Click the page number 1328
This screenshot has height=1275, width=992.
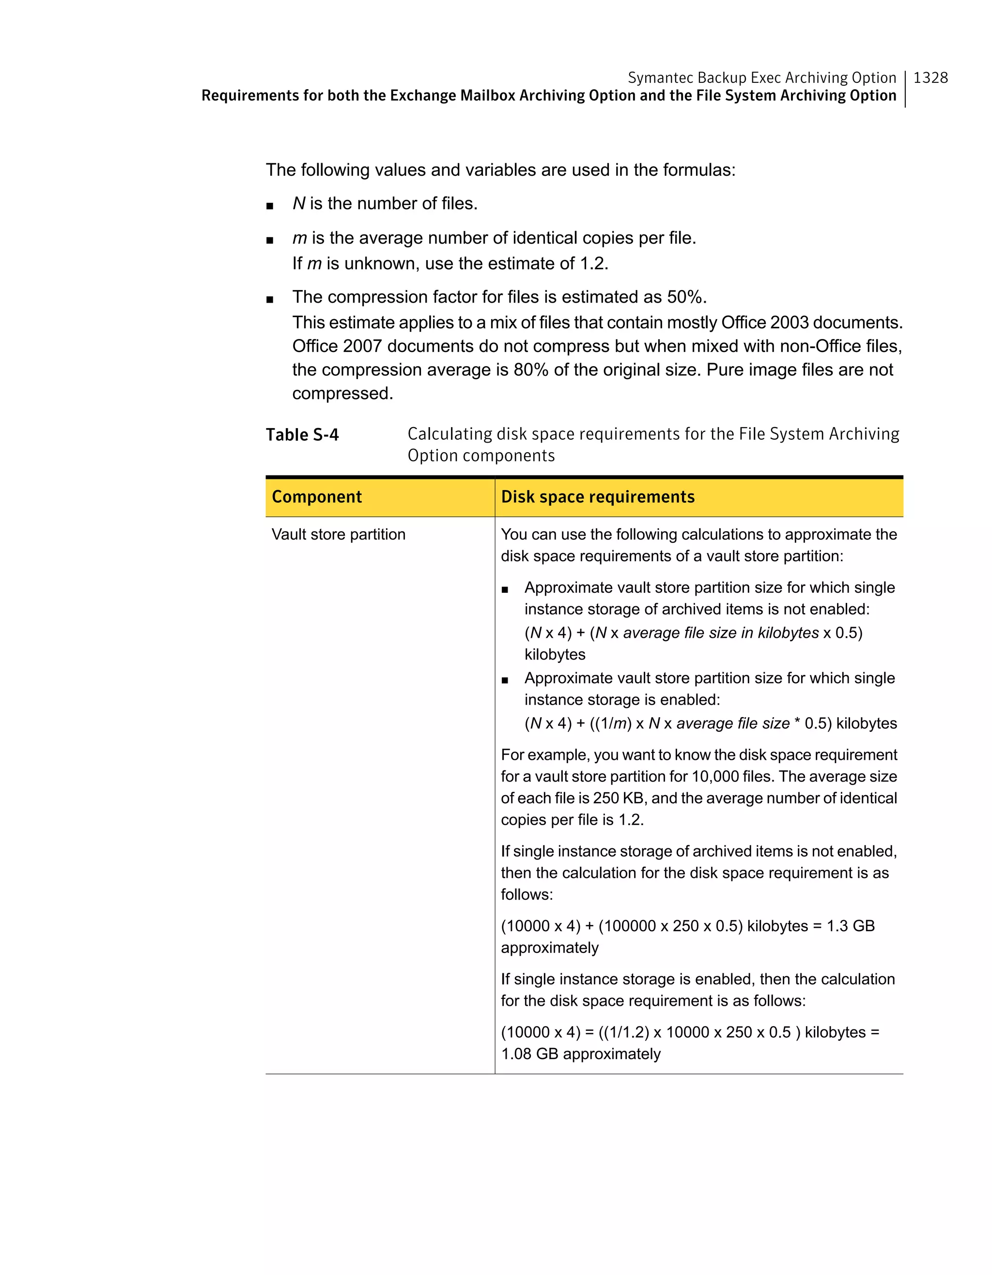(x=930, y=77)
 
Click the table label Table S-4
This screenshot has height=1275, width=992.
(x=302, y=435)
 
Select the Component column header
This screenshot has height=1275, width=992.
(x=316, y=497)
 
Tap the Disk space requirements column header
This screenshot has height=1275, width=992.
(x=597, y=497)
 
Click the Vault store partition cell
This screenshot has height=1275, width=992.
(x=338, y=534)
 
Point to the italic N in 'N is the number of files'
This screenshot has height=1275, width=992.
(x=298, y=204)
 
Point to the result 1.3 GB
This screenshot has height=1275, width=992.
(x=850, y=926)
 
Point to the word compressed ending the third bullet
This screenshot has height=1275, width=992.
(x=341, y=394)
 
